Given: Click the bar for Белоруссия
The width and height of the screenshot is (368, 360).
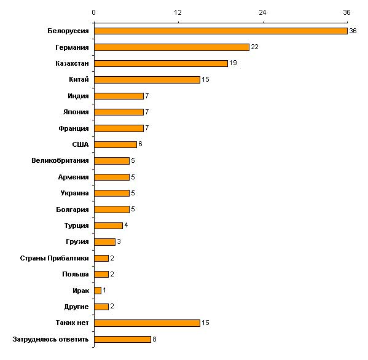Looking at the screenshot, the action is click(221, 31).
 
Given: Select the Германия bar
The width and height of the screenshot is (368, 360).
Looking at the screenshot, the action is click(172, 47).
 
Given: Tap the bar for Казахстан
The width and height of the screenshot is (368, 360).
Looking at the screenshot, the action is click(161, 63).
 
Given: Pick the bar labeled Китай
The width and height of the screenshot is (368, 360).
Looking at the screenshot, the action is click(147, 80).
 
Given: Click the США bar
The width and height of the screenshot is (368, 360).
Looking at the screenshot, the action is click(115, 144).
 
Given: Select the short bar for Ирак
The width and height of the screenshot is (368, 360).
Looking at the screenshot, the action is click(98, 291).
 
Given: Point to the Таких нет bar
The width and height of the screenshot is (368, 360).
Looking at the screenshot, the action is click(147, 323).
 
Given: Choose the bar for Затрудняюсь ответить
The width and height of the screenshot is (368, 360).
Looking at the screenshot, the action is click(122, 339).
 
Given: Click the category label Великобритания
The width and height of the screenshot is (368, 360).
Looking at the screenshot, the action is click(60, 160).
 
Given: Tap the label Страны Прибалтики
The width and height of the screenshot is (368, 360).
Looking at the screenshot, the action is click(55, 258).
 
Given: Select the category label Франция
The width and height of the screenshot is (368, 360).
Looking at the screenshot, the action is click(74, 128).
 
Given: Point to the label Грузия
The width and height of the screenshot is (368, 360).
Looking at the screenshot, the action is click(77, 241).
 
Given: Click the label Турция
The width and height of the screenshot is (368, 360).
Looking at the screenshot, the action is click(77, 225).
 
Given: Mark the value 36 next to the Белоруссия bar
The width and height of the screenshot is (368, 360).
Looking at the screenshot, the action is click(353, 31).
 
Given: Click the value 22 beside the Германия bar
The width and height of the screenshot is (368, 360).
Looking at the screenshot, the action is click(254, 47).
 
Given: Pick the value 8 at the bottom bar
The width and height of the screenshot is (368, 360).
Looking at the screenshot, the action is click(154, 339).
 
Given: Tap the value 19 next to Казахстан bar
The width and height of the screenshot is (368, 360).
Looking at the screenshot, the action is click(233, 63).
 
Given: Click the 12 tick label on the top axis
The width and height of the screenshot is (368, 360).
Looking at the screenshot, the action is click(178, 12).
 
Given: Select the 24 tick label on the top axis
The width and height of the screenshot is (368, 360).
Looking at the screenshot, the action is click(262, 12).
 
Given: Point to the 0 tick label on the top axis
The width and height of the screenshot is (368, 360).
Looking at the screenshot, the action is click(93, 12).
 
